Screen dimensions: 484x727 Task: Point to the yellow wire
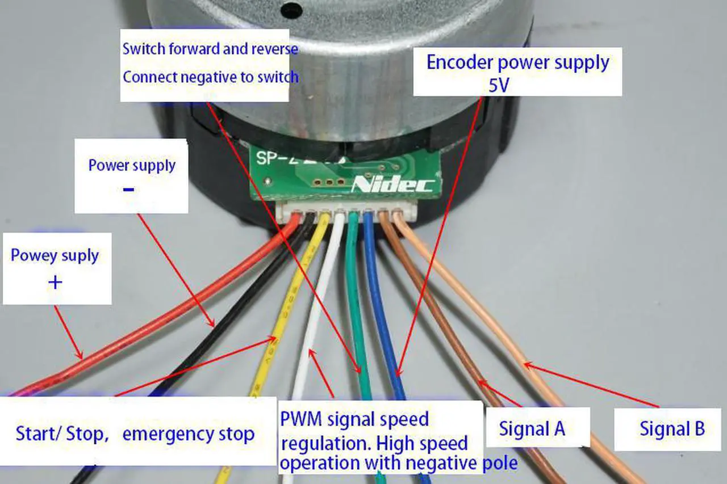click(284, 318)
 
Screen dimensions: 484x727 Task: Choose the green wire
click(356, 306)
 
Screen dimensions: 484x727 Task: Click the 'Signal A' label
click(532, 428)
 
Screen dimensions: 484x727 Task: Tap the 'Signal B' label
click(672, 428)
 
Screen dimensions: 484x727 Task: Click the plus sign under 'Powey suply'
click(55, 282)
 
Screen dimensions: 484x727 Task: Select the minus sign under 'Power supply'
click(129, 189)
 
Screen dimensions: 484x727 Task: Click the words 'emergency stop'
click(188, 435)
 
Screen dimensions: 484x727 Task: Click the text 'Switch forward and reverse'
click(210, 49)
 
